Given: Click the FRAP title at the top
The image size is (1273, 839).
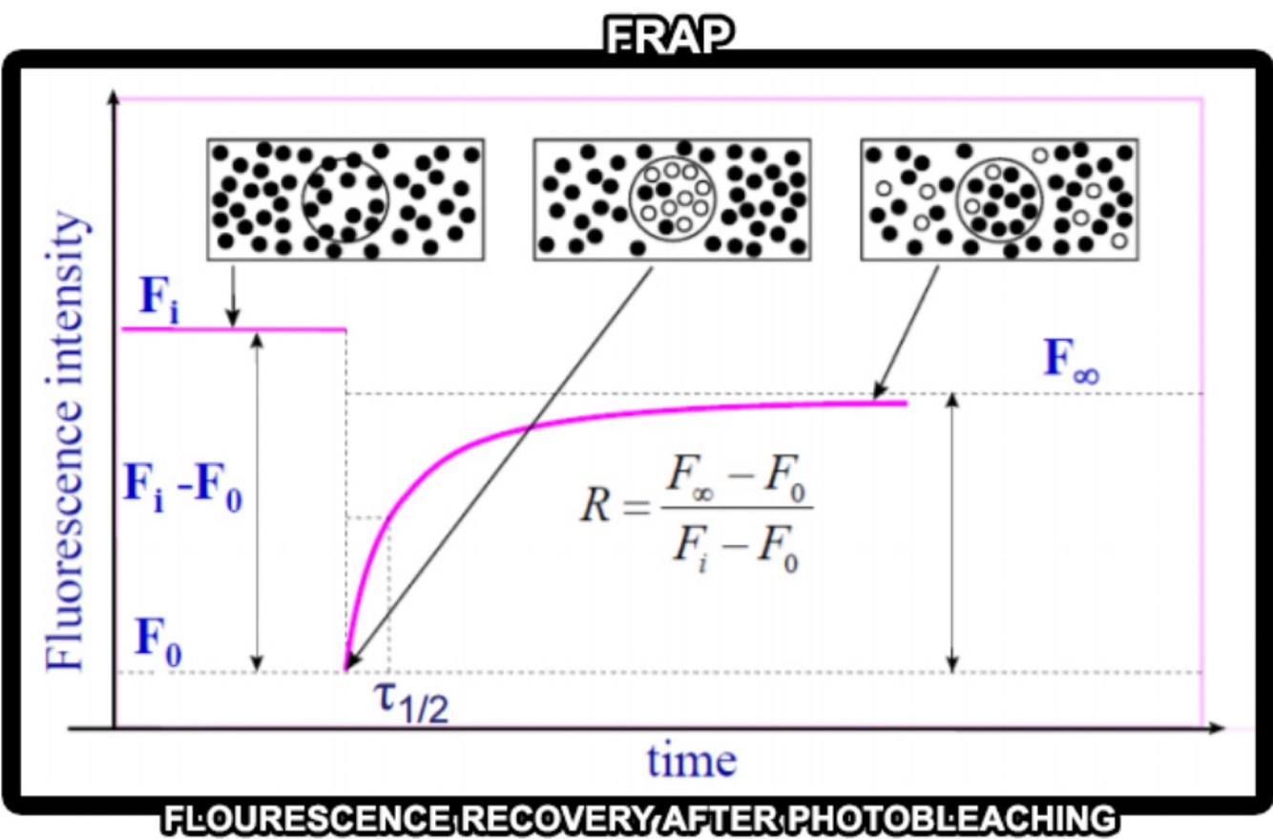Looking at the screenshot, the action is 668,35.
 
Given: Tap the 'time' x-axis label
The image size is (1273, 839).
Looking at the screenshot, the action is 692,761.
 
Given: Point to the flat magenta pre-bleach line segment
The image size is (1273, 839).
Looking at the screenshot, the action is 234,329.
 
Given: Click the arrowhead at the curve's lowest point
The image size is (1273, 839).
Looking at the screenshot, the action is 350,662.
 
